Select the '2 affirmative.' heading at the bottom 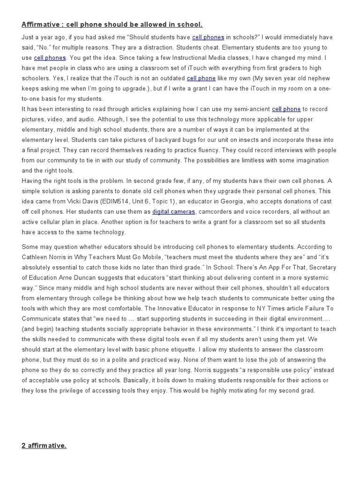tap(44, 445)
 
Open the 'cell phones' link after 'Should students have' tap(208, 37)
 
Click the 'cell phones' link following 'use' tap(50, 58)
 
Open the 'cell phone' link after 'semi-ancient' tap(286, 109)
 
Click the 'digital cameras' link tap(173, 211)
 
